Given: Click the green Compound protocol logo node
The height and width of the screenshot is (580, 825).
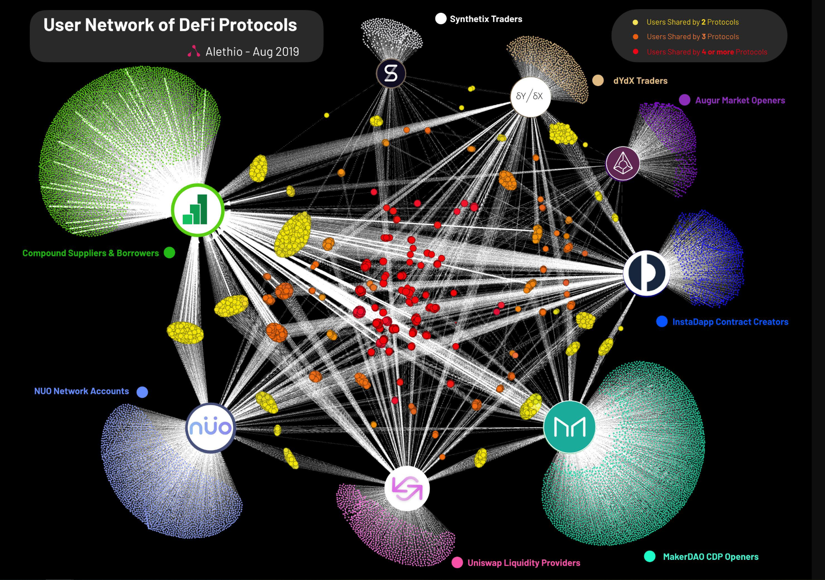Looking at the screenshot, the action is coord(198,210).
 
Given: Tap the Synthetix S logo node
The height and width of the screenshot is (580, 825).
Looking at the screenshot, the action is coord(391,73).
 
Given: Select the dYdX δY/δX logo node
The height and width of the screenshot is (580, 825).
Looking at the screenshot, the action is coord(530,97).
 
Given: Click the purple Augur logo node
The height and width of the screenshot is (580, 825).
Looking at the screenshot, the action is coord(623,163).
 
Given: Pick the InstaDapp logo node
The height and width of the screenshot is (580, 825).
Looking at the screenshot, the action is coord(646,273).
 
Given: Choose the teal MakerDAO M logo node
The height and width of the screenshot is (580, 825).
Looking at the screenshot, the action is coord(570,427).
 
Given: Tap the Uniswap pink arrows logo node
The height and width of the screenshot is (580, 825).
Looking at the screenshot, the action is coord(407,488).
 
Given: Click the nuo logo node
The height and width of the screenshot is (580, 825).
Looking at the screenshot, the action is coord(211,428).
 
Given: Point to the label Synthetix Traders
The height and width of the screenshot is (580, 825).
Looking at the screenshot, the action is coord(486,19).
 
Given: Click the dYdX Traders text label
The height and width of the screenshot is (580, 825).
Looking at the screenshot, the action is coord(640,81).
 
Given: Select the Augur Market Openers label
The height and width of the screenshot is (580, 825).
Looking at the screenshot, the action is coord(740,100).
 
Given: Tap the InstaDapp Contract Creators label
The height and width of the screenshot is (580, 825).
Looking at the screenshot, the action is coord(730,322).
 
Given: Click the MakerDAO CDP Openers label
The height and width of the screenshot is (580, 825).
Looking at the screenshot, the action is coord(711,557).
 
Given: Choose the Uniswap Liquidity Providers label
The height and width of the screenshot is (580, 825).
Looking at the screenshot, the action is coord(524,563).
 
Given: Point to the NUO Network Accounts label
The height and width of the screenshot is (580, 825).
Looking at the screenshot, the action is coord(81,391).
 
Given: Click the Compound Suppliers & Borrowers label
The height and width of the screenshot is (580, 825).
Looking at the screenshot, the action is coord(91,253).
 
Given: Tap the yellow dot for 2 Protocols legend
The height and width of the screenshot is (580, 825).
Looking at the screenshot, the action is coord(635,22).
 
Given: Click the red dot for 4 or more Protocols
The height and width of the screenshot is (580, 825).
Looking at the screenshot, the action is coord(635,52).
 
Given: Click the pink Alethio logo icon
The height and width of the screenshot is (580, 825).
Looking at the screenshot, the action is coord(194,51).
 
